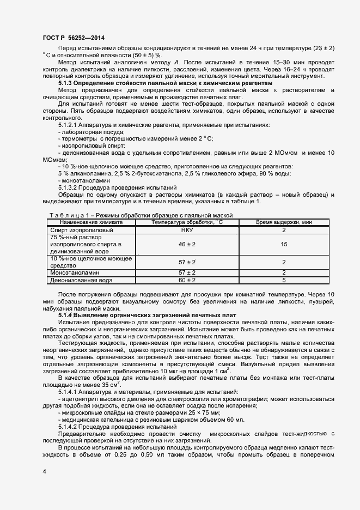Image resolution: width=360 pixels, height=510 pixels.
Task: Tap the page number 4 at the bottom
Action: click(44, 469)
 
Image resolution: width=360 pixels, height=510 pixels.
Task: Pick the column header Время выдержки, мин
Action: click(284, 222)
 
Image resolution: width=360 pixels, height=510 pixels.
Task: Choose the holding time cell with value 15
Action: click(284, 245)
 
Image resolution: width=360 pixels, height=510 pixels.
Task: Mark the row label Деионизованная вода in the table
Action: click(81, 280)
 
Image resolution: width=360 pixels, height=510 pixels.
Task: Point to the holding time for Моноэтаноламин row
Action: click(284, 272)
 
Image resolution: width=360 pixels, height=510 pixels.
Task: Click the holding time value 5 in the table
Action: click(284, 280)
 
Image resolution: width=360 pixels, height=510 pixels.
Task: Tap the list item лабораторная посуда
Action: click(93, 132)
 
